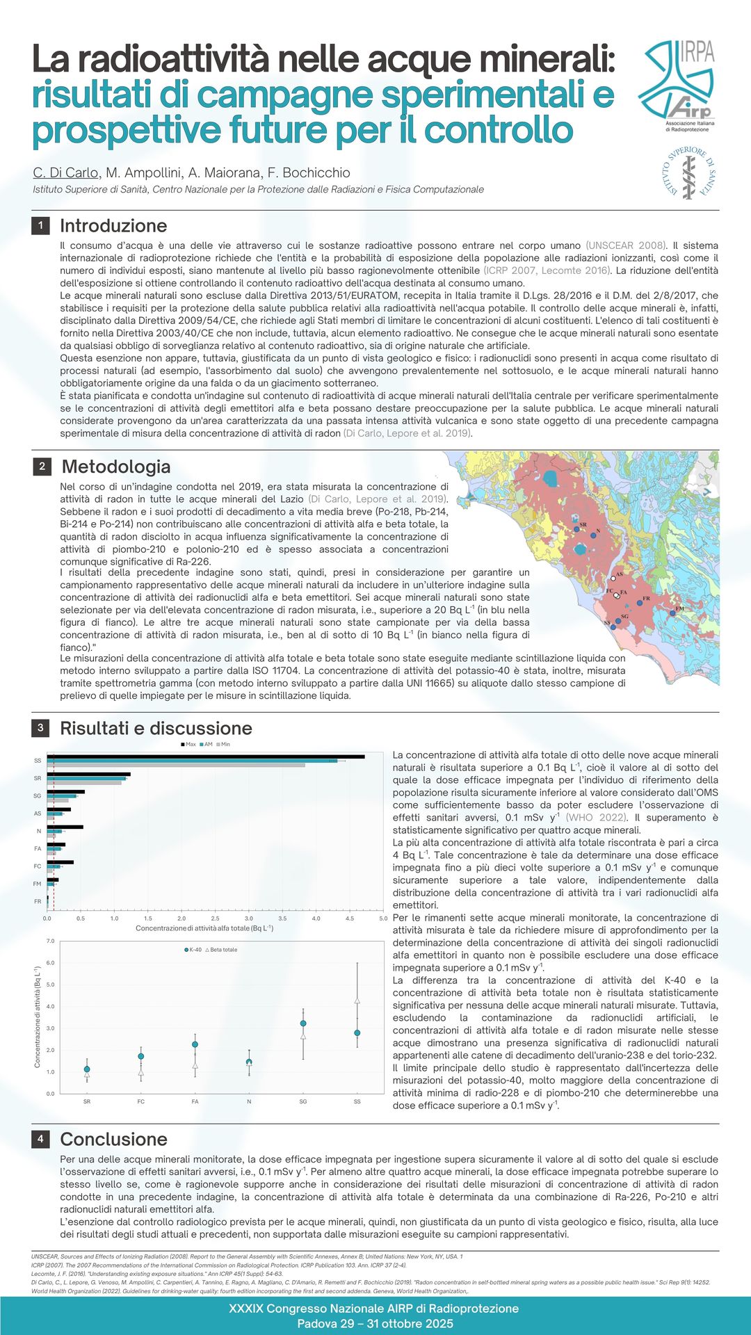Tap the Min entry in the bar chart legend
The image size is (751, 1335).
[223, 744]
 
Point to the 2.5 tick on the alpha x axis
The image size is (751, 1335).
[215, 919]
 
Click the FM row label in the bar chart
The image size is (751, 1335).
[38, 884]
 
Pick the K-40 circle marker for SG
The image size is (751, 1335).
[303, 1023]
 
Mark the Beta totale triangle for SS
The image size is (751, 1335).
[357, 1001]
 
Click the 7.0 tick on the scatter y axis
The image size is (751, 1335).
[50, 941]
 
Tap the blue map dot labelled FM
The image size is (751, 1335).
[672, 613]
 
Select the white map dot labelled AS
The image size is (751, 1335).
[613, 578]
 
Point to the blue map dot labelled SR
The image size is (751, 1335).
[577, 530]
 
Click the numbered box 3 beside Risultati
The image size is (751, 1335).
[40, 728]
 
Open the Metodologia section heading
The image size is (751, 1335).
[115, 467]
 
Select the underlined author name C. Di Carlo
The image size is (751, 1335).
[66, 172]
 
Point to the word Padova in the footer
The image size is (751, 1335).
[318, 1323]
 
